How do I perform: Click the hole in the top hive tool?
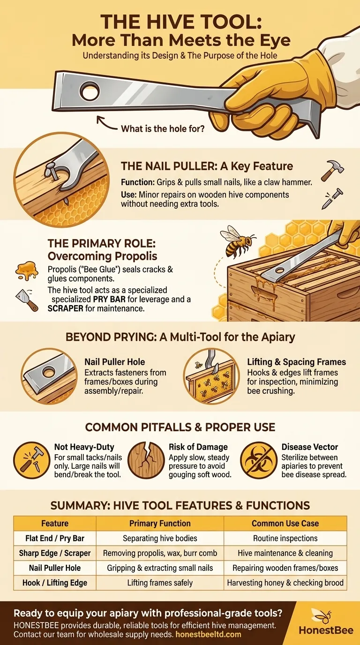(x=90, y=92)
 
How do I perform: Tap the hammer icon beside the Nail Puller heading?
(x=332, y=171)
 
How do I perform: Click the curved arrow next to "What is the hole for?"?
(x=108, y=126)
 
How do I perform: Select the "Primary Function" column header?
(x=160, y=523)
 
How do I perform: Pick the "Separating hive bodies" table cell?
(x=160, y=538)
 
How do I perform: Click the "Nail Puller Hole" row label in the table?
(x=55, y=568)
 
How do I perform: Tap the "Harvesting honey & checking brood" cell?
(x=285, y=583)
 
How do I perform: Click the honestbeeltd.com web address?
(x=209, y=634)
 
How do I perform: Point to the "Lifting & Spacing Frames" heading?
(x=296, y=361)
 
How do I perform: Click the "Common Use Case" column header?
(x=285, y=523)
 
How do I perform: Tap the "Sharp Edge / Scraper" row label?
(x=55, y=553)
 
